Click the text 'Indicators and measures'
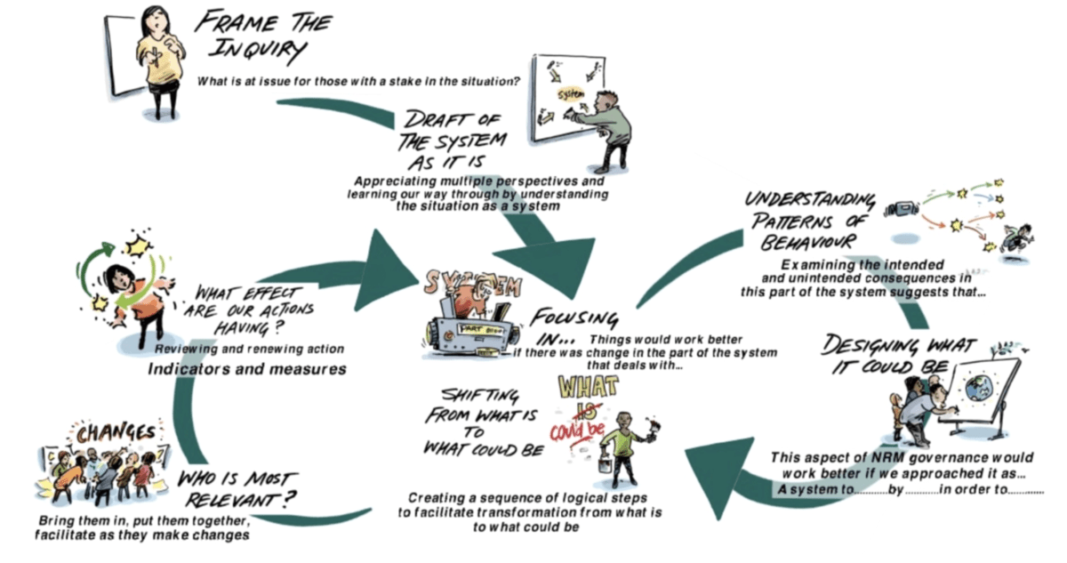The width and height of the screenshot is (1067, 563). coord(246,369)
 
